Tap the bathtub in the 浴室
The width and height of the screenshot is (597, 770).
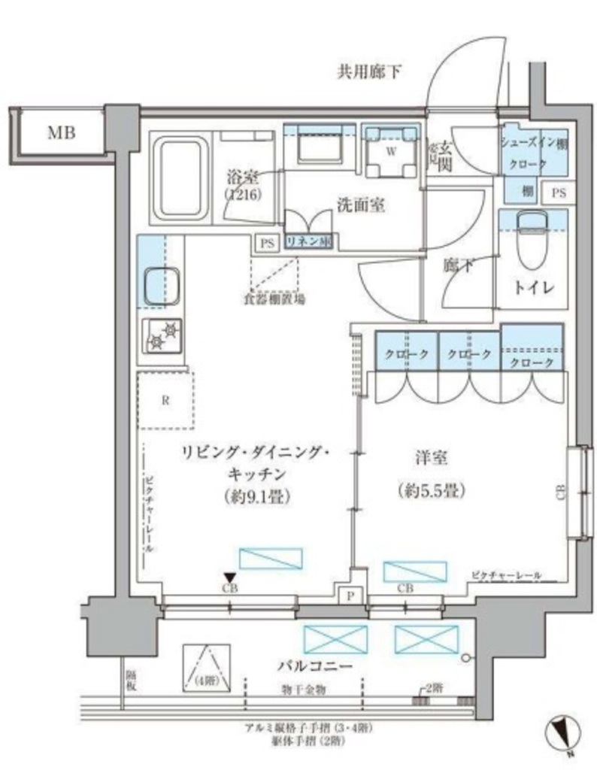(x=180, y=177)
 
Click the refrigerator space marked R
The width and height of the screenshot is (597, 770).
(x=165, y=399)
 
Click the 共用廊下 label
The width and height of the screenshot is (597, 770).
(x=369, y=73)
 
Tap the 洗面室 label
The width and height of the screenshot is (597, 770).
(x=361, y=205)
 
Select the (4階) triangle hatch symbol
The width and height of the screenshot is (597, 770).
(x=204, y=668)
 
